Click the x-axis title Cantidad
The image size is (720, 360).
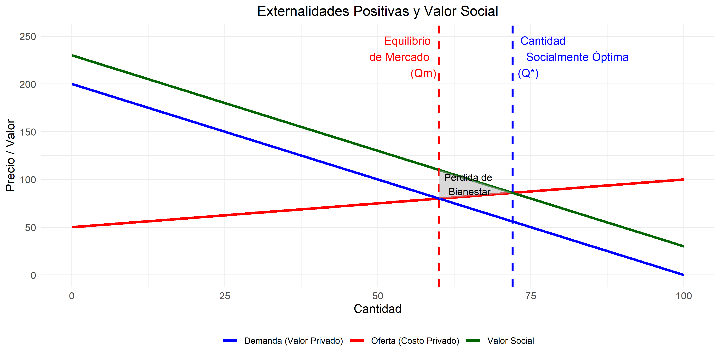377,309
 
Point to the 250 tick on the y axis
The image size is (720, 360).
28,37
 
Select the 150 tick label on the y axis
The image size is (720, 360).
28,132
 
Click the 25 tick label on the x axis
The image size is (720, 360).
225,296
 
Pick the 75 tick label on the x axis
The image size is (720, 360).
530,296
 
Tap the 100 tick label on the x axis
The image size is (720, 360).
683,296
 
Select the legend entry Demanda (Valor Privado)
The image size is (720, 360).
293,341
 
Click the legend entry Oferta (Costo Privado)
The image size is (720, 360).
415,341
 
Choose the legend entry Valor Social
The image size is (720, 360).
510,341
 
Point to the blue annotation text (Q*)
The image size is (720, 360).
528,73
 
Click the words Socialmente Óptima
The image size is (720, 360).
577,57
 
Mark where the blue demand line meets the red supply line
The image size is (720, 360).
439,198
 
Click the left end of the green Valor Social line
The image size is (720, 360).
72,55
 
